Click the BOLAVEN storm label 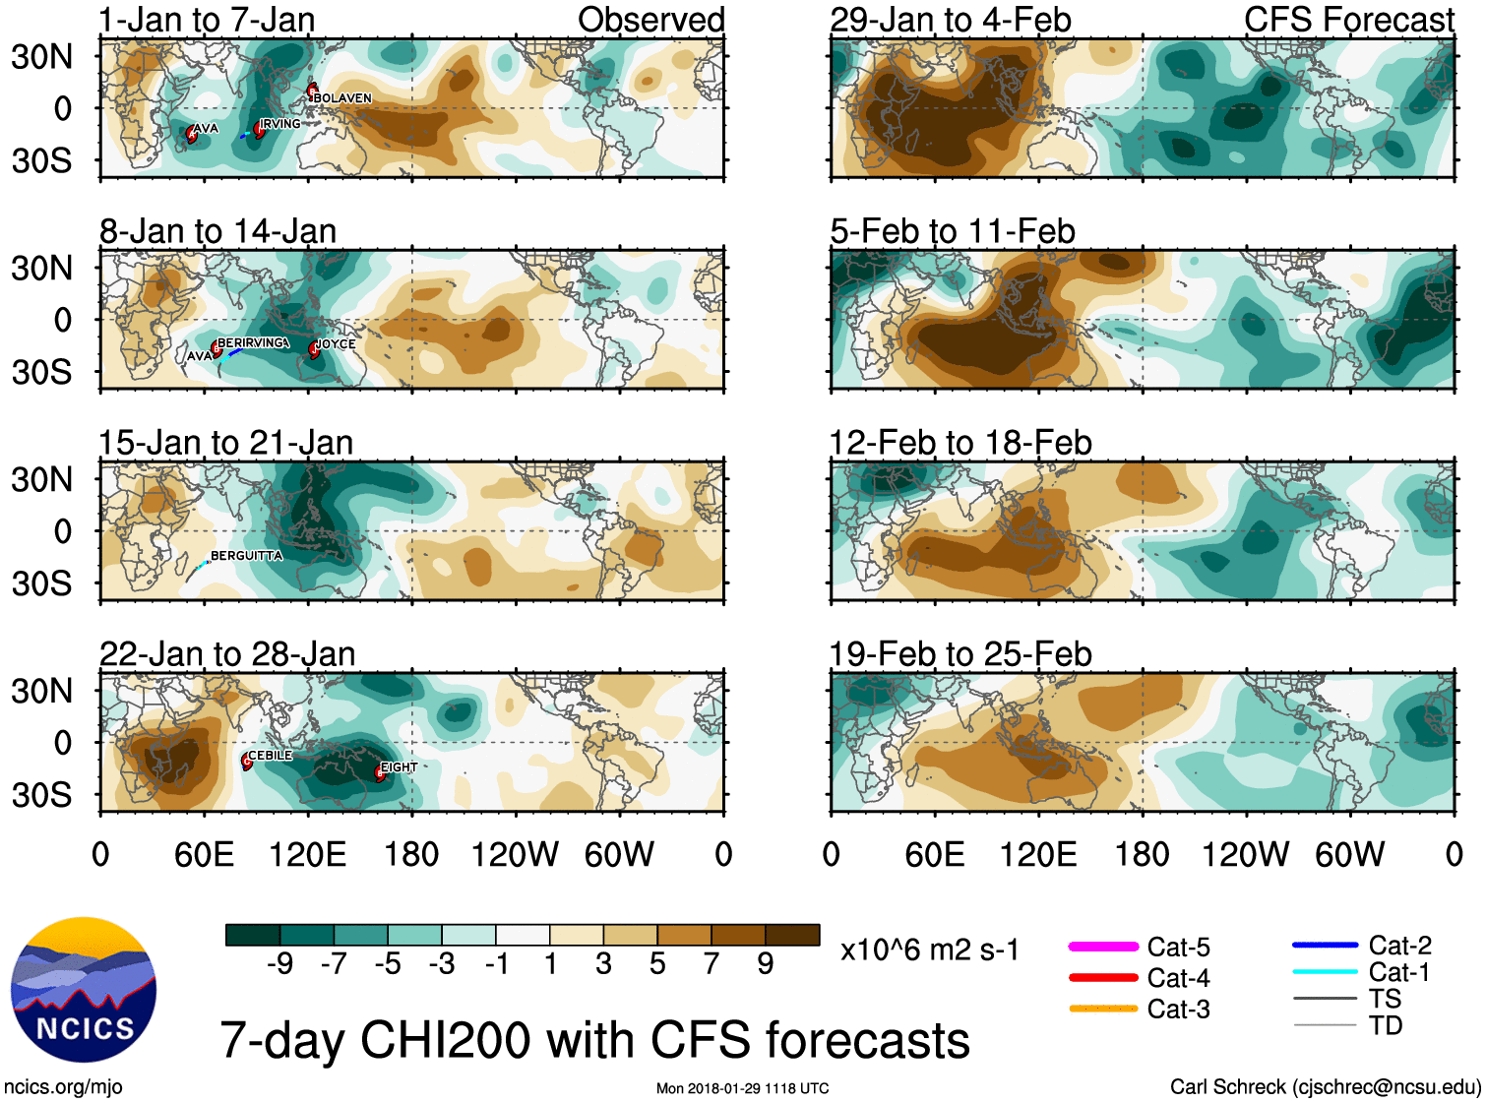(x=342, y=98)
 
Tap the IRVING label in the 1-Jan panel (x=280, y=124)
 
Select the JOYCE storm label (x=336, y=344)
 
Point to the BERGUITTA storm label (x=246, y=556)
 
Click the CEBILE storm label (x=270, y=756)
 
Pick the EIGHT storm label (x=400, y=767)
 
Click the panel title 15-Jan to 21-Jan (x=226, y=443)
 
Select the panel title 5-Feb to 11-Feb (x=953, y=231)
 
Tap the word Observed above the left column (x=650, y=20)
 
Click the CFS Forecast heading (x=1348, y=20)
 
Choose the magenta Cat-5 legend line (x=1103, y=947)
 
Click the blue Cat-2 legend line (x=1325, y=945)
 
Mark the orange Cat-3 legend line (x=1103, y=1009)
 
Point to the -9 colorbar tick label (x=279, y=963)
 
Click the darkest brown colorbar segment (x=792, y=935)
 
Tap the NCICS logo (x=84, y=990)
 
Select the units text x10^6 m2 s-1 (x=930, y=950)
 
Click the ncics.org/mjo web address (x=63, y=1087)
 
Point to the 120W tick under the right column (x=1245, y=854)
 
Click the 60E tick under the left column (x=204, y=854)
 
